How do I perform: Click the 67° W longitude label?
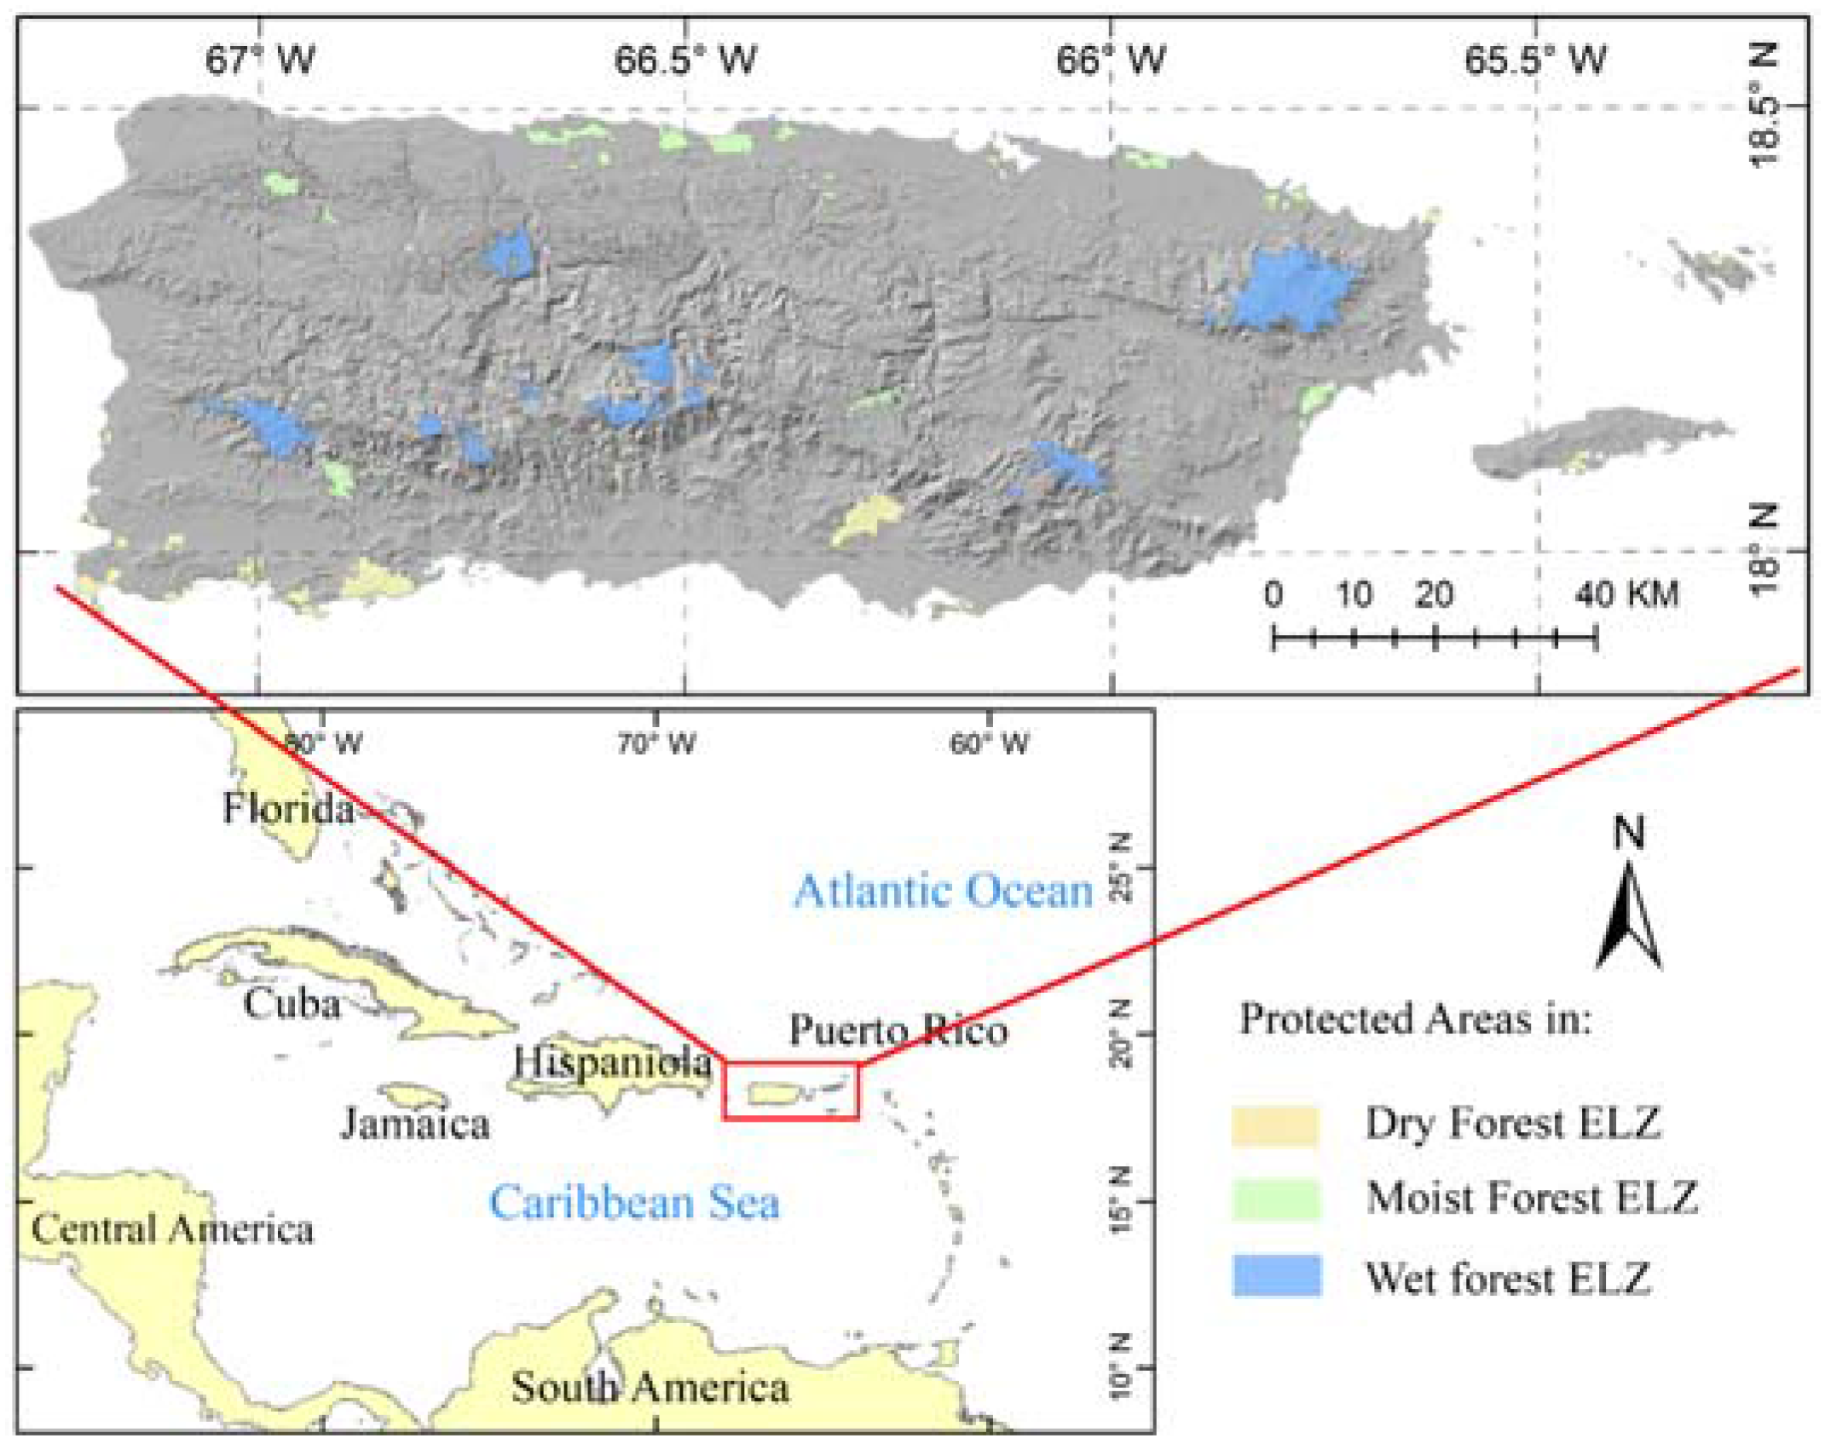coord(259,61)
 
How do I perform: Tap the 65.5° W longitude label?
coord(1534,61)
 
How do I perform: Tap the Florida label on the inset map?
coord(288,808)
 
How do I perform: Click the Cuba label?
coord(292,1003)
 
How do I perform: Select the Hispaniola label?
coord(611,1062)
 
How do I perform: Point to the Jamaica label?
coord(415,1124)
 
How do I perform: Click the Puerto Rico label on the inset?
coord(898,1031)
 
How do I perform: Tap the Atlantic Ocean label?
coord(943,892)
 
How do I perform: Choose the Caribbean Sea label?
coord(633,1203)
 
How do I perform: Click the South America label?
coord(650,1387)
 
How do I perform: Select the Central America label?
coord(171,1229)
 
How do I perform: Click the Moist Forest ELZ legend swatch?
coord(1275,1199)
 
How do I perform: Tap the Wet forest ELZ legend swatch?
coord(1275,1276)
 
